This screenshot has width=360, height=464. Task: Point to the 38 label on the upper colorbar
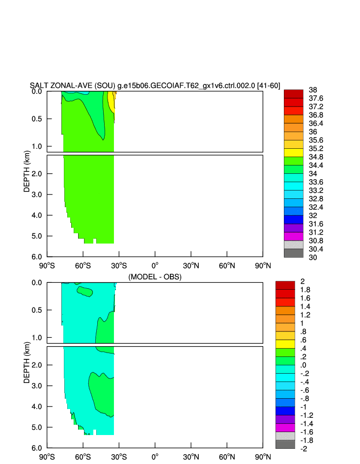pyautogui.click(x=312, y=90)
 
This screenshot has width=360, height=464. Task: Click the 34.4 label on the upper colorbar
pyautogui.click(x=316, y=165)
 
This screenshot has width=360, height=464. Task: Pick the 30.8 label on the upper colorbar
pyautogui.click(x=316, y=241)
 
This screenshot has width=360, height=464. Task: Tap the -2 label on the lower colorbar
pyautogui.click(x=304, y=449)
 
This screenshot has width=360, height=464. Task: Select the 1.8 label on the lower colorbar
pyautogui.click(x=305, y=290)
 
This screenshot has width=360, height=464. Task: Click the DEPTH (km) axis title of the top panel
pyautogui.click(x=28, y=172)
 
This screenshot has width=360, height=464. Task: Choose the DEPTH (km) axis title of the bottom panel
pyautogui.click(x=28, y=363)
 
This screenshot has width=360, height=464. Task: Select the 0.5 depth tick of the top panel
pyautogui.click(x=37, y=119)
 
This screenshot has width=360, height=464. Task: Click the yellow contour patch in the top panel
pyautogui.click(x=111, y=102)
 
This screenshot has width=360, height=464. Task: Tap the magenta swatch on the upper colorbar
pyautogui.click(x=293, y=236)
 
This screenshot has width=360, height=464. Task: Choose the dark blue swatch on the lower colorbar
pyautogui.click(x=285, y=407)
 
